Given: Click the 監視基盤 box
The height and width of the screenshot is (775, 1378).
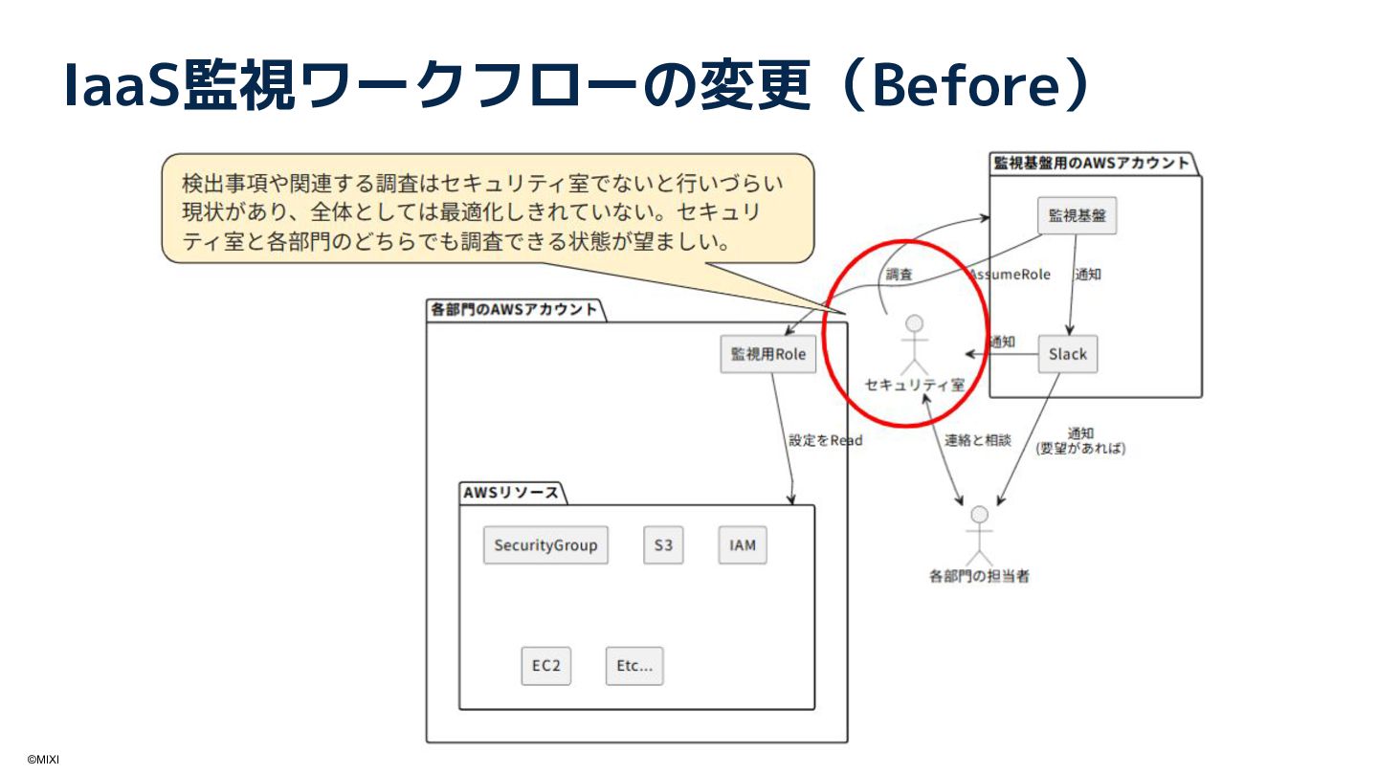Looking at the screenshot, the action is pyautogui.click(x=1077, y=215).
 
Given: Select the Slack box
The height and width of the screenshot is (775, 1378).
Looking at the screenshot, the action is pyautogui.click(x=1067, y=354).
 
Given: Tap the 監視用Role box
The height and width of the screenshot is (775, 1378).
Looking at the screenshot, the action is pyautogui.click(x=768, y=354).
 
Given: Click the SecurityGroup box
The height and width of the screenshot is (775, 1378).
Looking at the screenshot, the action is pyautogui.click(x=545, y=545).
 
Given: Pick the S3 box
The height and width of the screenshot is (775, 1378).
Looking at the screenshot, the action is pyautogui.click(x=663, y=545).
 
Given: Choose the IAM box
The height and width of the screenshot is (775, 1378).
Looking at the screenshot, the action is pyautogui.click(x=743, y=545).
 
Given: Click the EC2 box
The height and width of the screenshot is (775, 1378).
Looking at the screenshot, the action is pyautogui.click(x=545, y=666).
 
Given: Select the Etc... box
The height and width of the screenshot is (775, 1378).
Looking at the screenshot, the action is pyautogui.click(x=633, y=666).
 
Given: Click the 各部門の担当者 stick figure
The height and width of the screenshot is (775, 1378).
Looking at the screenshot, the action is pyautogui.click(x=978, y=536).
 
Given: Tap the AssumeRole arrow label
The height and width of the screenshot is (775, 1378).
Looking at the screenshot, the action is pyautogui.click(x=1011, y=275).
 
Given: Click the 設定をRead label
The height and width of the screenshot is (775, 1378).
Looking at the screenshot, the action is pyautogui.click(x=825, y=440).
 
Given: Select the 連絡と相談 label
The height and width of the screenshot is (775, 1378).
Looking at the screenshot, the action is pyautogui.click(x=977, y=440).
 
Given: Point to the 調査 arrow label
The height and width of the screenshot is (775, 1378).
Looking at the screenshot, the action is pyautogui.click(x=899, y=275).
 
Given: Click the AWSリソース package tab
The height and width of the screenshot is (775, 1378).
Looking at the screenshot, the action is pyautogui.click(x=511, y=494).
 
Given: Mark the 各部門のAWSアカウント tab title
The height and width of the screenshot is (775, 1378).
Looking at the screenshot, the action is pyautogui.click(x=514, y=309).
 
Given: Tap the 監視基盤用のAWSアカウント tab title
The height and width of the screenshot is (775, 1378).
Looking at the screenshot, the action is pyautogui.click(x=1091, y=163).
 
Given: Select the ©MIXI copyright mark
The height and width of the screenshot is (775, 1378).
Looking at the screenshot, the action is pyautogui.click(x=43, y=760).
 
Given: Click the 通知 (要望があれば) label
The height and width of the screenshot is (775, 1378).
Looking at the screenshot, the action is pyautogui.click(x=1080, y=440).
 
